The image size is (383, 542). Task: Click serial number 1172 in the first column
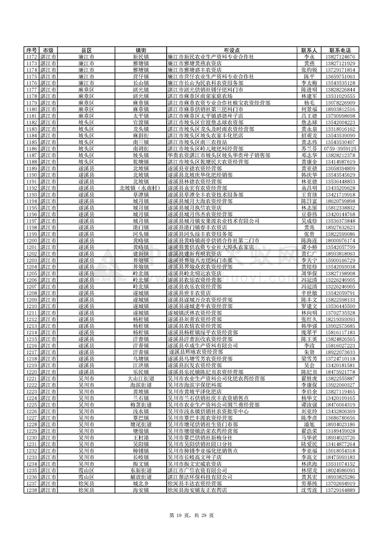coord(32,56)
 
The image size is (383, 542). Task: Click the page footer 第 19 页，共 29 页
coord(191,514)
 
